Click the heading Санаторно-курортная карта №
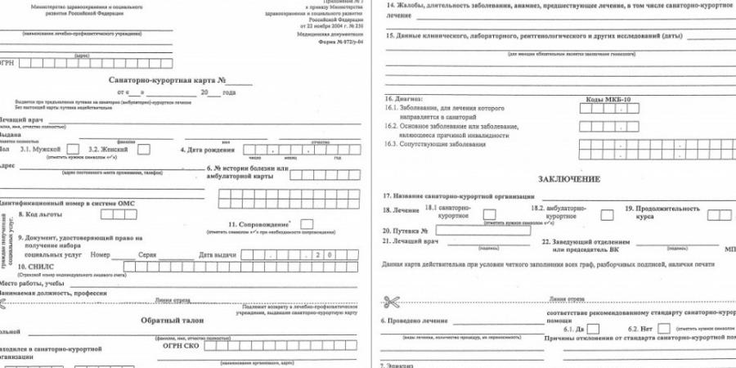[x=168, y=81]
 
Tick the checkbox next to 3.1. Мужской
[x=73, y=150]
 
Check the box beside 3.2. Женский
[x=143, y=150]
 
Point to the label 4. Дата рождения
[x=204, y=150]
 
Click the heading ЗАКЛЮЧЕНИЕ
[x=569, y=178]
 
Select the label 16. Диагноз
[x=403, y=99]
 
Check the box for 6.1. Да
[x=594, y=328]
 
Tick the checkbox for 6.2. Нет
[x=657, y=328]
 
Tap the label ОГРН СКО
[x=182, y=345]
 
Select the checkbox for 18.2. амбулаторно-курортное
[x=608, y=214]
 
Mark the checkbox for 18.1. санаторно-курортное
[x=489, y=214]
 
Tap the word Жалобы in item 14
[x=410, y=6]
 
